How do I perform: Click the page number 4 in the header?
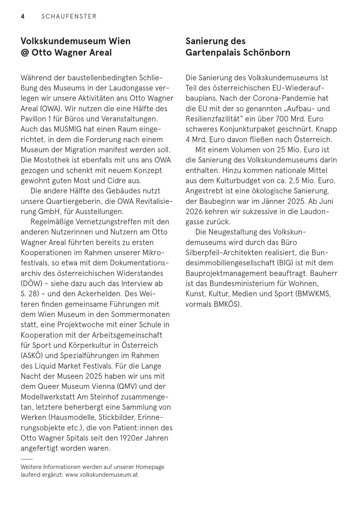tap(23, 17)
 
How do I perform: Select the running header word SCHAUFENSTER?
tap(69, 17)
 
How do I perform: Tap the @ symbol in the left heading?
tap(25, 53)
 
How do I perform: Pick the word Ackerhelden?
tap(115, 294)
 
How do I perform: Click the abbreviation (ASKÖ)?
tap(33, 356)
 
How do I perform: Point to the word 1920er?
tap(130, 438)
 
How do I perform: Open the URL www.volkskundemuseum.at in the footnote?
tap(102, 475)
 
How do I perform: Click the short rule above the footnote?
tap(27, 459)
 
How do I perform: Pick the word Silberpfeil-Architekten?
tap(222, 252)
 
